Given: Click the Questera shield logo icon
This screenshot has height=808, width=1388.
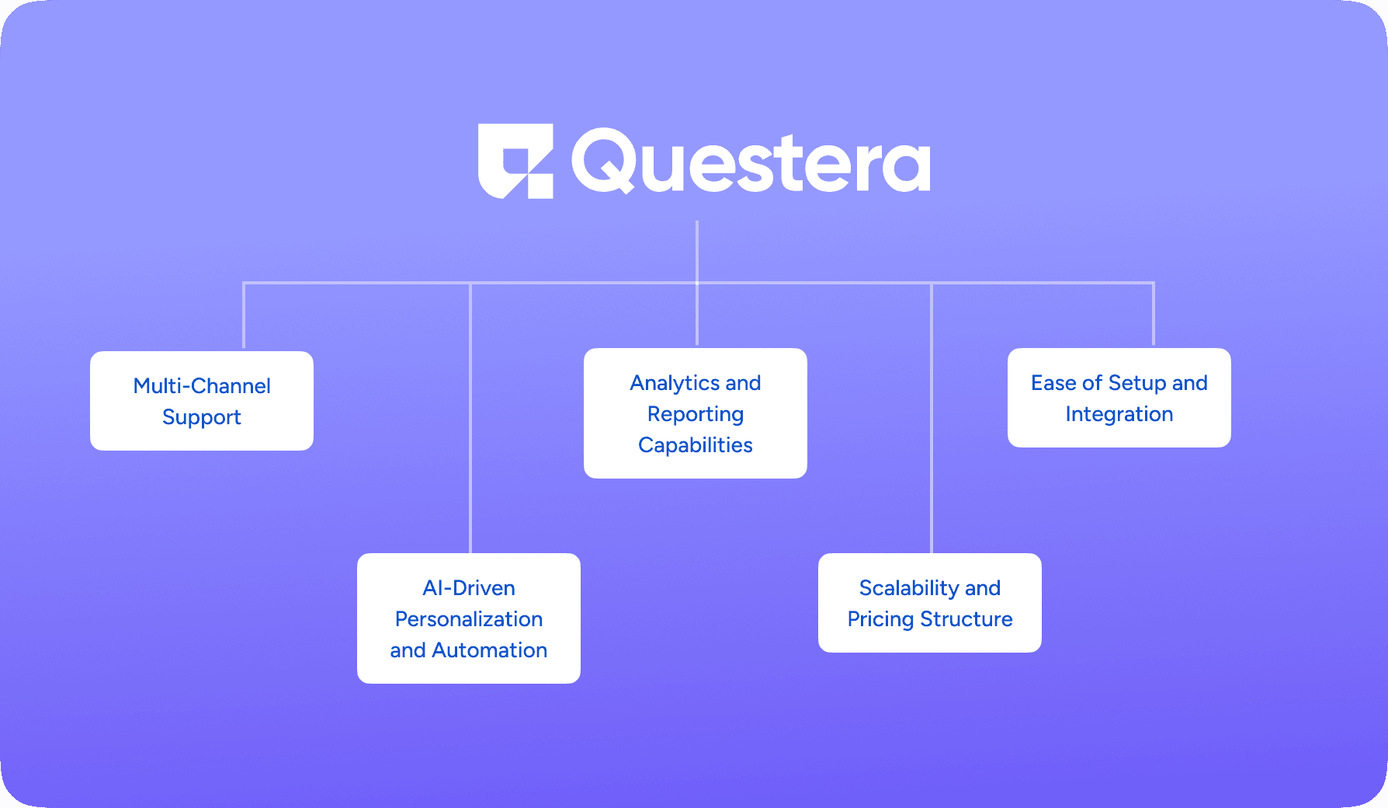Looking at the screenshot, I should pyautogui.click(x=515, y=161).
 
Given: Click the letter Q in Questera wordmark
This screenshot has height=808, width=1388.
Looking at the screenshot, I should pyautogui.click(x=603, y=161).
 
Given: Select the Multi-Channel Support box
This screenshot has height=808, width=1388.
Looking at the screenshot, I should pyautogui.click(x=202, y=401).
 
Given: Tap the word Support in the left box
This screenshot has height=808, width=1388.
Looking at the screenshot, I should pyautogui.click(x=202, y=417).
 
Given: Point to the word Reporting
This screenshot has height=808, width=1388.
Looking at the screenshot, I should pyautogui.click(x=696, y=414).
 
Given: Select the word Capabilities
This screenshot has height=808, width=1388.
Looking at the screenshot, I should pyautogui.click(x=696, y=445).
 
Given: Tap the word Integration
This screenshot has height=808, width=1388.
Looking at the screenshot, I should pyautogui.click(x=1119, y=414).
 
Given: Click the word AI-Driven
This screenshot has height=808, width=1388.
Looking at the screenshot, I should pyautogui.click(x=469, y=588).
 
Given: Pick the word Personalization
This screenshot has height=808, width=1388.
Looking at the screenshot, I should pyautogui.click(x=469, y=619).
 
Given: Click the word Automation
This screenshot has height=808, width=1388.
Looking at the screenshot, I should pyautogui.click(x=490, y=650).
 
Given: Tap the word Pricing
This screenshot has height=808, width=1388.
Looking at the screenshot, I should pyautogui.click(x=880, y=619).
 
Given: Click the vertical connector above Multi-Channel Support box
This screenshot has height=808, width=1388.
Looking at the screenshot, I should pyautogui.click(x=244, y=315).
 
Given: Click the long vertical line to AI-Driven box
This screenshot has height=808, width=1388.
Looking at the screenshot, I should pyautogui.click(x=470, y=420).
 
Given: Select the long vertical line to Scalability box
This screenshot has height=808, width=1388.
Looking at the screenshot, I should pyautogui.click(x=932, y=420).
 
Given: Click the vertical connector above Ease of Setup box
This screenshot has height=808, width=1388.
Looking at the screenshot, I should pyautogui.click(x=1154, y=314).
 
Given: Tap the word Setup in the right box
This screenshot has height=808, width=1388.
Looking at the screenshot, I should pyautogui.click(x=1137, y=383).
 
